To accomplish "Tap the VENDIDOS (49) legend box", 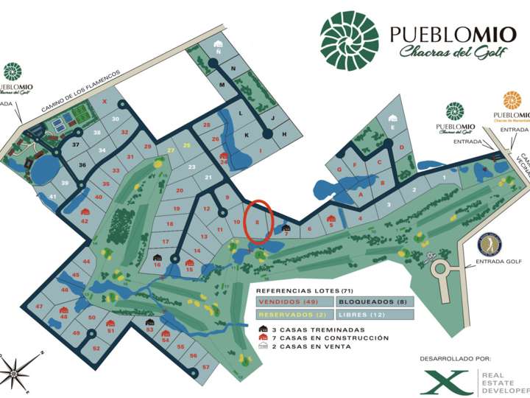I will pos(294,301).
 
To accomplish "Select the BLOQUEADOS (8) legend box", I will pos(374,301).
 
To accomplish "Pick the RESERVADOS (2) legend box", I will pos(294,315).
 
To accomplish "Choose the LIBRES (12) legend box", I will pos(374,315).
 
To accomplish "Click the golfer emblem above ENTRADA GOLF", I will pos(489,242).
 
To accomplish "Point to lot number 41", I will pos(52,197).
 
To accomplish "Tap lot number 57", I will pos(206,367).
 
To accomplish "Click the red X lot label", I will pos(105,102).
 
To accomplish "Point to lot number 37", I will pos(75,145).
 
